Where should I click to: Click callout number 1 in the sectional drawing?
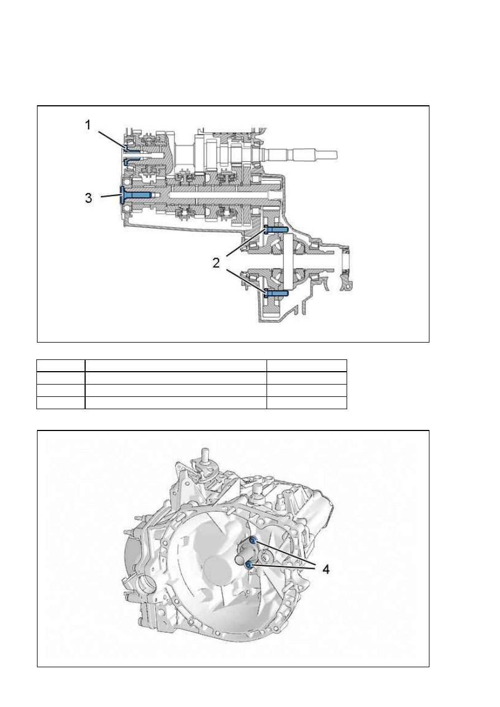pos(88,125)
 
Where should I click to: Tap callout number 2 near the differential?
pos(216,263)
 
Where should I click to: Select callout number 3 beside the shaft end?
pos(88,198)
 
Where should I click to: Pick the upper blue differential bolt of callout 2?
pos(275,229)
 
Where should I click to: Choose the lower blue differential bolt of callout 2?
pos(276,293)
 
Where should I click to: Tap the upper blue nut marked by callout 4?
pos(253,541)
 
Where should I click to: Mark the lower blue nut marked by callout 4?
pos(249,564)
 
